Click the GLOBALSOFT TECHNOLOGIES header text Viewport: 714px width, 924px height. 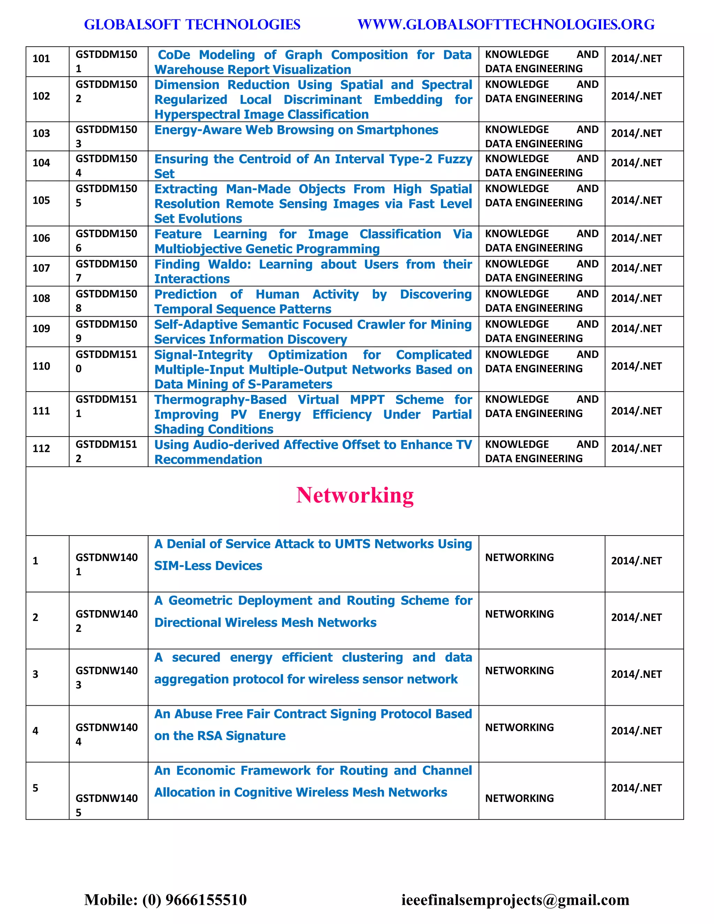(x=192, y=24)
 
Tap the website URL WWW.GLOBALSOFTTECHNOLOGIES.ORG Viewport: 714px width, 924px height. (x=506, y=24)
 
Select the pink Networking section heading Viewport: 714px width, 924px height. (x=355, y=495)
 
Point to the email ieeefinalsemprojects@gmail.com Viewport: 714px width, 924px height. (x=515, y=900)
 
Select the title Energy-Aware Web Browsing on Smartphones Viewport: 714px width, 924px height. (x=296, y=130)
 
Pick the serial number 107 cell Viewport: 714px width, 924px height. (x=41, y=268)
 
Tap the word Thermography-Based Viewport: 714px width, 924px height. (x=220, y=400)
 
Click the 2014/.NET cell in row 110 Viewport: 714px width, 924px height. (x=636, y=366)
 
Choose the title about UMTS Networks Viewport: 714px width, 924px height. (x=313, y=554)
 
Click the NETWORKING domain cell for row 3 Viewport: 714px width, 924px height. (x=519, y=671)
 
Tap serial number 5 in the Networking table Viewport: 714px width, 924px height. (x=36, y=788)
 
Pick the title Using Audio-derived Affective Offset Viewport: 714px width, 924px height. (x=313, y=452)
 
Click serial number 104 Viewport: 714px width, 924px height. (x=41, y=163)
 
